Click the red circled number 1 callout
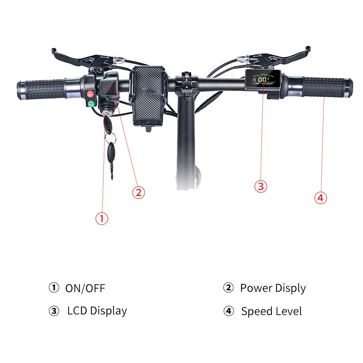102,218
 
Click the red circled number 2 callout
138,192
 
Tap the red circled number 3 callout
260,186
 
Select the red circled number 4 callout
320,198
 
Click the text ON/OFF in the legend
85,289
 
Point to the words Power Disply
273,288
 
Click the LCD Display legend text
97,311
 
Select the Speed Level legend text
271,311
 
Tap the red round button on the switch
90,94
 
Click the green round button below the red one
91,104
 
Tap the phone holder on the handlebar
149,95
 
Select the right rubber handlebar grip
323,87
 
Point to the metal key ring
111,138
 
